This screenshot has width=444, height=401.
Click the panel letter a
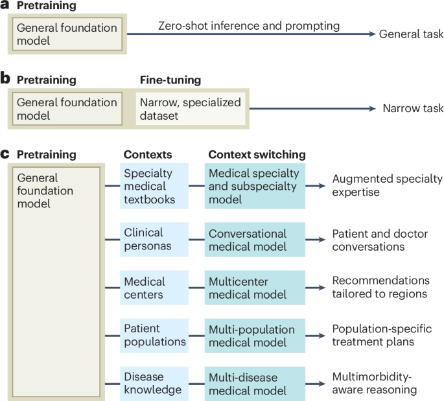[x=5, y=6]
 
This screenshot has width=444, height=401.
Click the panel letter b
[x=5, y=80]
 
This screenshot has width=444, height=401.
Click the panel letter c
[x=5, y=155]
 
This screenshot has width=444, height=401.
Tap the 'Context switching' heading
[x=257, y=155]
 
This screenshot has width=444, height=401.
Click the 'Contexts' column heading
[x=147, y=155]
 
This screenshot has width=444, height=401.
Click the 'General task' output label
[x=412, y=34]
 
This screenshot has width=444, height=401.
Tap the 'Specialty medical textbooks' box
[x=153, y=186]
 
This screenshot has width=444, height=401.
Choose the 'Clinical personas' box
[x=153, y=239]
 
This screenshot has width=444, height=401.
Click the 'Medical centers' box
[x=153, y=288]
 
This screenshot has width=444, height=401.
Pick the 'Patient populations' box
[x=153, y=335]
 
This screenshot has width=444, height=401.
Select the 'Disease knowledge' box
[x=153, y=383]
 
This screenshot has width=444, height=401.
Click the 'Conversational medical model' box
[x=255, y=239]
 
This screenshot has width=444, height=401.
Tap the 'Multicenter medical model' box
[x=255, y=288]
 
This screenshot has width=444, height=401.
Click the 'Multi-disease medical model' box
[x=255, y=383]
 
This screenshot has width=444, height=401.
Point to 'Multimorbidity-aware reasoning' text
[x=375, y=383]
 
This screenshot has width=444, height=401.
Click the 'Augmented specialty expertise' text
[x=387, y=185]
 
